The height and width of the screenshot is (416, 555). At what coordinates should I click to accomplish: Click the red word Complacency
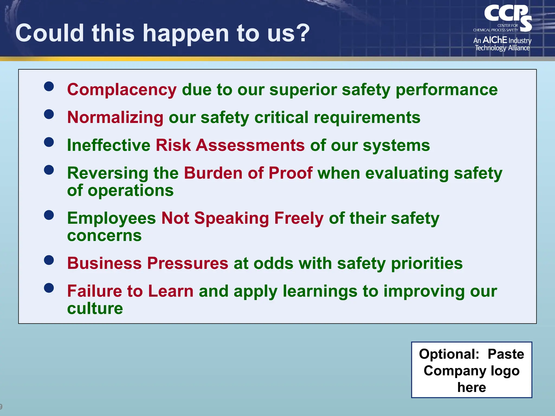coord(122,90)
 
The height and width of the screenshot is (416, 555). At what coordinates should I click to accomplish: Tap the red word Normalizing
coord(115,118)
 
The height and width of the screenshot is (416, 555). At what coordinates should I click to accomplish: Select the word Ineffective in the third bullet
coord(108,145)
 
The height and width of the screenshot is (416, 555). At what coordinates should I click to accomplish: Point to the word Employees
coord(111,218)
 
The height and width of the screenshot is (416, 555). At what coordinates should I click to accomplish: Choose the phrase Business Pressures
coord(148,263)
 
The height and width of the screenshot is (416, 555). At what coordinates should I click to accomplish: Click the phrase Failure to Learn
coord(130,291)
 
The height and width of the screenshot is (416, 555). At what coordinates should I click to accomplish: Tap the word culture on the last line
coord(95,308)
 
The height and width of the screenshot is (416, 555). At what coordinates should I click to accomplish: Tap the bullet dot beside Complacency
coord(49,87)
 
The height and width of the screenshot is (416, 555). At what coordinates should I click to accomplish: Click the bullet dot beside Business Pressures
coord(49,260)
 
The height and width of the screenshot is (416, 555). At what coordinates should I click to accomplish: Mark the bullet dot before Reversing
coord(49,170)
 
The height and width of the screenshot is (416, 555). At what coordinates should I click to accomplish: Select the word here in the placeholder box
coord(472,387)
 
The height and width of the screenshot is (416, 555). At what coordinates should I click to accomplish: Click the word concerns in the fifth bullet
coord(104,236)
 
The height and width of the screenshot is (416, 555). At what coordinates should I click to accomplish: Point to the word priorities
coord(427,263)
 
